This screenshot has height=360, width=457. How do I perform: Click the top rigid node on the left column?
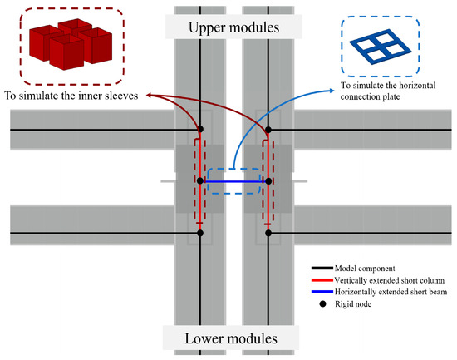point(200,130)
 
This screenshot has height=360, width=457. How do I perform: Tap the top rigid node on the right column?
point(268,130)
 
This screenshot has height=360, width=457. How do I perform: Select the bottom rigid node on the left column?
point(200,234)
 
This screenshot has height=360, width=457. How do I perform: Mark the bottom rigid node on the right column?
point(268,234)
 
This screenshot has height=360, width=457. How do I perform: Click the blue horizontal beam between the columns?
point(233,180)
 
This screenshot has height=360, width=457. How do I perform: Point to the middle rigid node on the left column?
point(200,180)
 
